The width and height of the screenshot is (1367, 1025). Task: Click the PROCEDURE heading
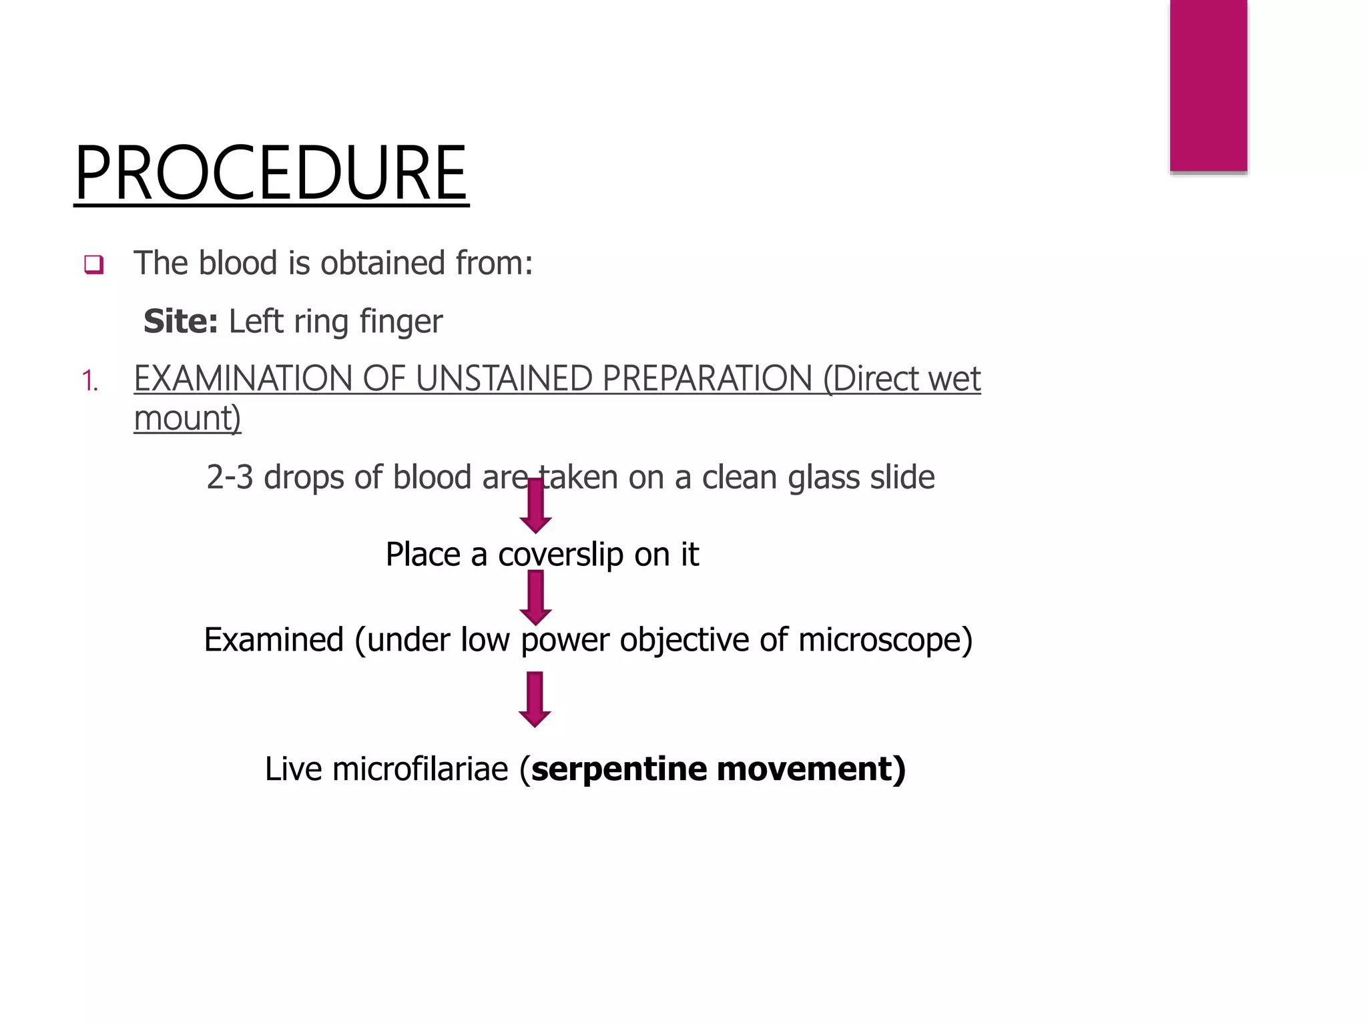[271, 174]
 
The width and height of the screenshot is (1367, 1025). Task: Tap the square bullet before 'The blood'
[93, 265]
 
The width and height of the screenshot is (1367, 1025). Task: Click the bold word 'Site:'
[180, 322]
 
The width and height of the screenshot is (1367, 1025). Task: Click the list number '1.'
[89, 382]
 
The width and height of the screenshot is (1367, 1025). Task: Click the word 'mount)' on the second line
[188, 419]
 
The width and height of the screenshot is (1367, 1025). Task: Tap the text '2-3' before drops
[230, 478]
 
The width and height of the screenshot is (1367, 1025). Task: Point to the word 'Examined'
[274, 640]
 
